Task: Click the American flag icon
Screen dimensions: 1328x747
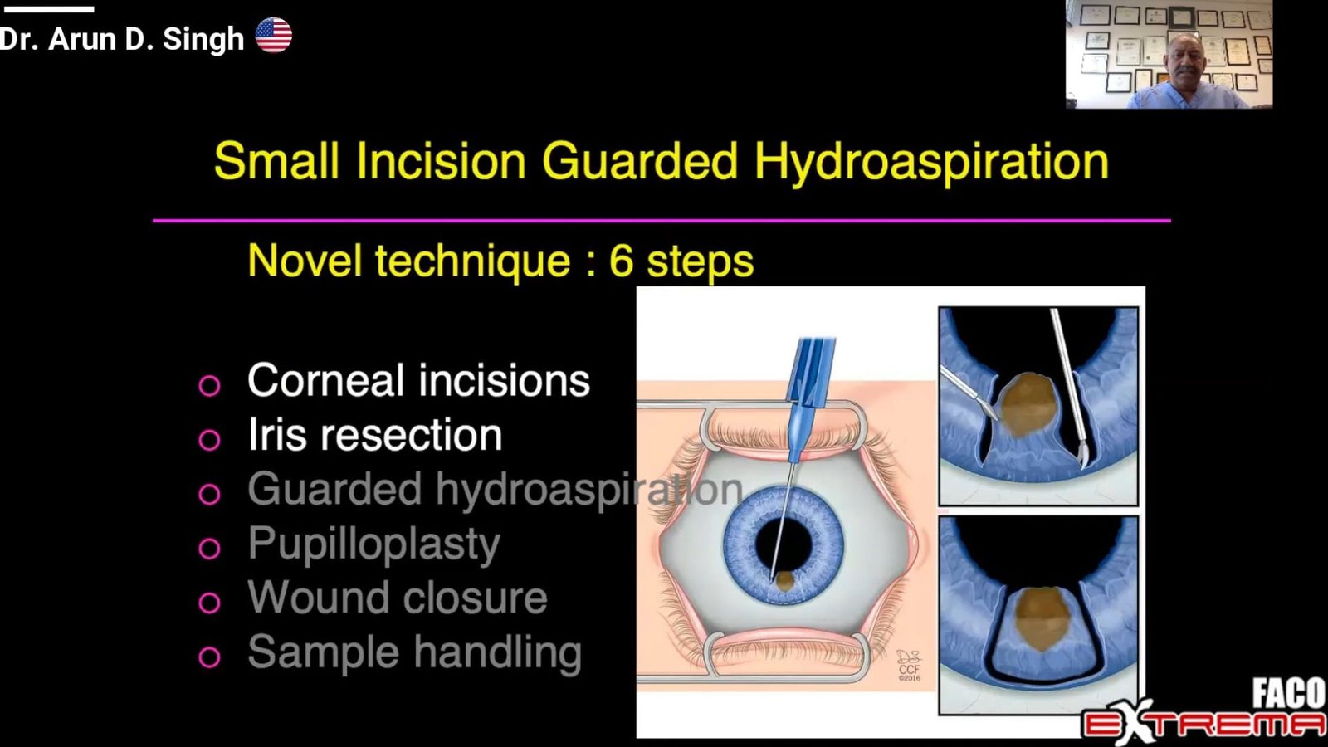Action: pos(273,36)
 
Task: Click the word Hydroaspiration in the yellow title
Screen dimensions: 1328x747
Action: pos(931,161)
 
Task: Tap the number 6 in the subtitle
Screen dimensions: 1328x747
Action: pos(621,260)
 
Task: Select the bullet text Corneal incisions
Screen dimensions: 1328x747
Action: pos(418,380)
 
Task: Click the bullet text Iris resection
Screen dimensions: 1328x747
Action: pos(374,435)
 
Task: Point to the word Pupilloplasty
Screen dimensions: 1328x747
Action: pos(374,544)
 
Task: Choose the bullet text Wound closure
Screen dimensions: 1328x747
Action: pos(398,598)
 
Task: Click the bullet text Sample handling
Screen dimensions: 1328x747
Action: pos(414,652)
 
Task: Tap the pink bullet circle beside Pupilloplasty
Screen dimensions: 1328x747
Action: pos(209,549)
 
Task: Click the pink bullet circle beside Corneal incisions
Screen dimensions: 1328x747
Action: pos(209,385)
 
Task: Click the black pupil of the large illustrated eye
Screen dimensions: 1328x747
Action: pos(782,545)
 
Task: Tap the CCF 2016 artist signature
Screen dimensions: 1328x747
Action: pos(908,665)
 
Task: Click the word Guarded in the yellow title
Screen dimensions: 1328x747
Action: pos(639,160)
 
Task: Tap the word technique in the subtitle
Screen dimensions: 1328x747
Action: pos(472,261)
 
